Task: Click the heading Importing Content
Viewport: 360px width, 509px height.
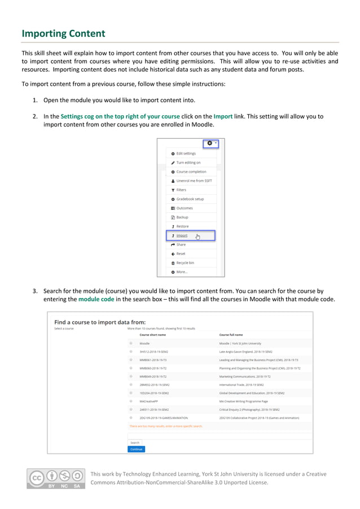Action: (63, 34)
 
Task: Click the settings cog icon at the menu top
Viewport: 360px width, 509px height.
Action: (210, 143)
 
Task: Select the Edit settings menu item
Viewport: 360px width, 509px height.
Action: (186, 153)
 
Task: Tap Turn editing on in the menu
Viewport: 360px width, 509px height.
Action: (188, 163)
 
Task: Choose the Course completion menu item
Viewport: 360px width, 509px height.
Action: (191, 172)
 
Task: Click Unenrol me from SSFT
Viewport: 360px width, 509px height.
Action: (194, 181)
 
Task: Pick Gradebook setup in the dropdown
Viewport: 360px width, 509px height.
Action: (190, 199)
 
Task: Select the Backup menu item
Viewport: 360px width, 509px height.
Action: (182, 217)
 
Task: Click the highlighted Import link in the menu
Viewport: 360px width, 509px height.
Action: (182, 235)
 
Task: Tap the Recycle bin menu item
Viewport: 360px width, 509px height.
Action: (185, 262)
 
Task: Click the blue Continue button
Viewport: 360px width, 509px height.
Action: (136, 449)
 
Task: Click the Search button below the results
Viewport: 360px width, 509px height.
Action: (134, 442)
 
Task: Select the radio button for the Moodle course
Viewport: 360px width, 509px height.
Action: (131, 343)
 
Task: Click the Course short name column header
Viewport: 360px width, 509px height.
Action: (152, 335)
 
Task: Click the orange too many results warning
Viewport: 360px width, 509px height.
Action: (166, 426)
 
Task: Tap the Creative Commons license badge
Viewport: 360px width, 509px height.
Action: (55, 478)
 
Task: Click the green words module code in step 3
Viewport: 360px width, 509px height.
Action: (96, 299)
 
